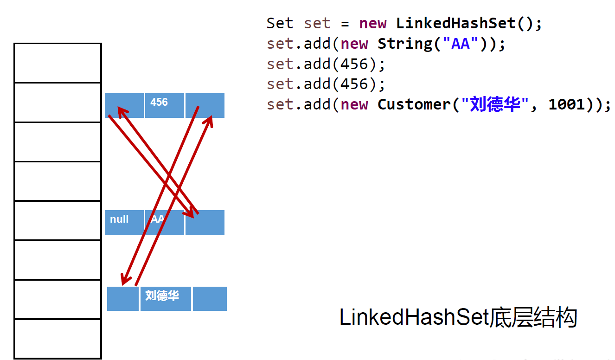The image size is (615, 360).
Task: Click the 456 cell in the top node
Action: click(164, 105)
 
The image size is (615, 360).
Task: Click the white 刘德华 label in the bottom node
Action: click(162, 295)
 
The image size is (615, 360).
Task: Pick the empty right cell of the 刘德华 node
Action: click(210, 299)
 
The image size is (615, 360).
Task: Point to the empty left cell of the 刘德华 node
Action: click(122, 299)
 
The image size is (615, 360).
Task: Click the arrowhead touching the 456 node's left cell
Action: click(122, 111)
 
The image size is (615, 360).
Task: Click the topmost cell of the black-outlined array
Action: click(58, 63)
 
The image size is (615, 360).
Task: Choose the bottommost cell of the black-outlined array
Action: click(58, 339)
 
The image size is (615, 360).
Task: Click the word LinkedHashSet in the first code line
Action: click(455, 23)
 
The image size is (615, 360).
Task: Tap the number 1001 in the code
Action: click(566, 104)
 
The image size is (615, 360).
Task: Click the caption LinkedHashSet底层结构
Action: click(458, 318)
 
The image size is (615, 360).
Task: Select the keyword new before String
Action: click(354, 44)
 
